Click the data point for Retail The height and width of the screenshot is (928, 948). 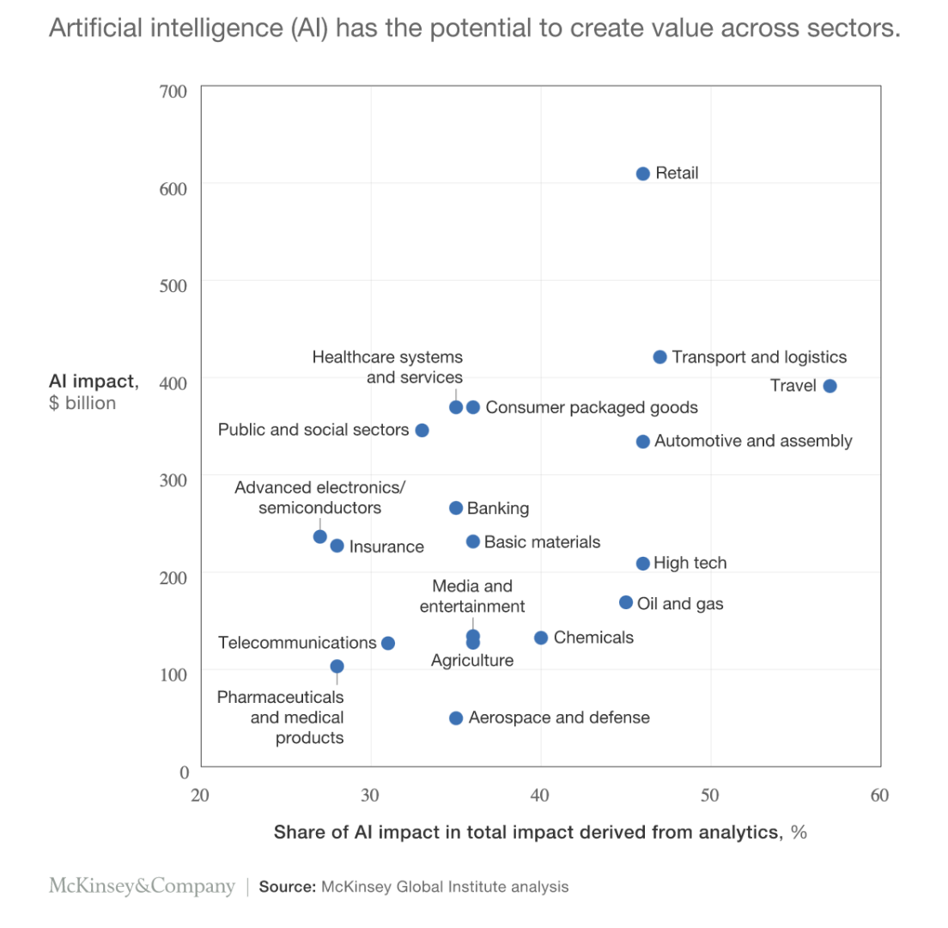point(642,174)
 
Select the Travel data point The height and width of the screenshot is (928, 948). point(829,386)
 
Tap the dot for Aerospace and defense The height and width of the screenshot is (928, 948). point(456,717)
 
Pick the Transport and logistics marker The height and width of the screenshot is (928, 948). point(659,357)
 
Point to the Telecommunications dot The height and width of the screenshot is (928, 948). point(387,643)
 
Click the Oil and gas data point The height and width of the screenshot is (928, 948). point(626,602)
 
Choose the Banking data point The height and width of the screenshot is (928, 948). point(456,508)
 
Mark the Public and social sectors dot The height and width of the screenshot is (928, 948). point(422,430)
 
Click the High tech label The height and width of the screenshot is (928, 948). point(690,564)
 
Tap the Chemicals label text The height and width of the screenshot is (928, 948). point(593,638)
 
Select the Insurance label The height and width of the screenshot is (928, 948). point(386,546)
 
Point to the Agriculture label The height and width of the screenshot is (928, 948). point(471,661)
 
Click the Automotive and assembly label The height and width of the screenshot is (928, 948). point(753,441)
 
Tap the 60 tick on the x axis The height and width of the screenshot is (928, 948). point(878,795)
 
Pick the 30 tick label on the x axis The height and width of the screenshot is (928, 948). point(370,795)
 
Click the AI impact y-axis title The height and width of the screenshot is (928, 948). point(93,381)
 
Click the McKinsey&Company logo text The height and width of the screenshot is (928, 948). point(141,887)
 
